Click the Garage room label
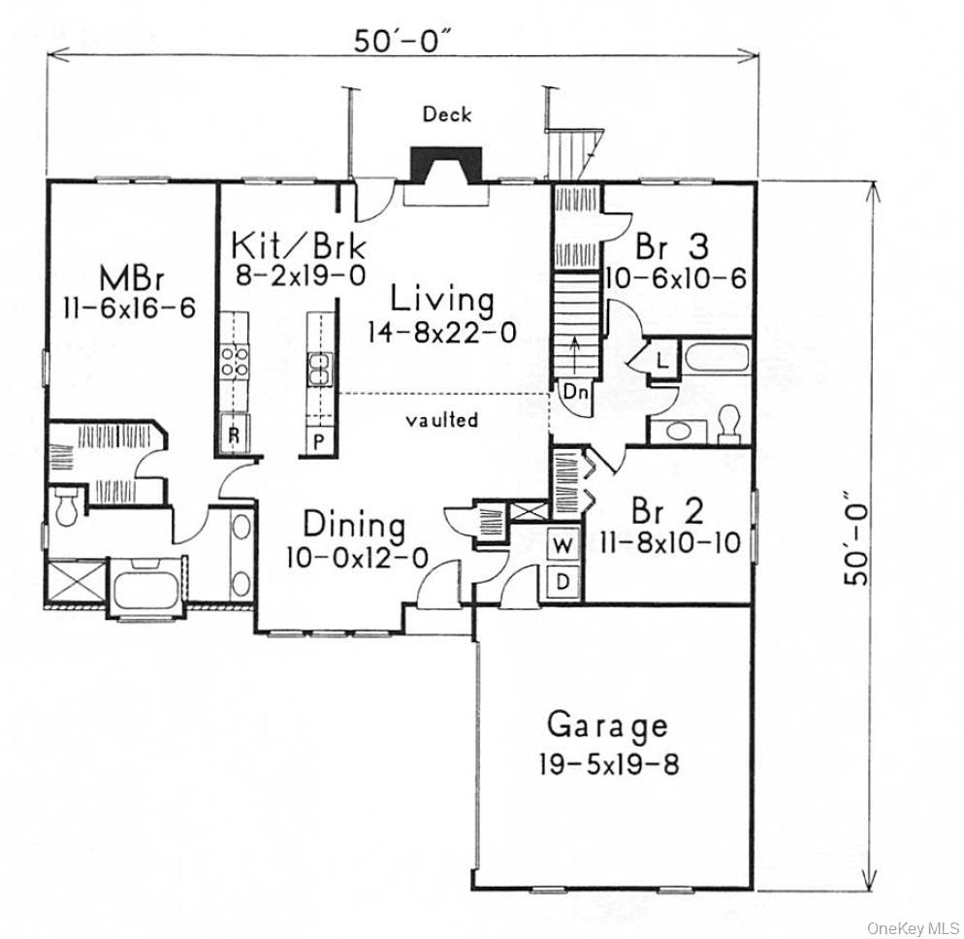point(607,725)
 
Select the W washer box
point(562,545)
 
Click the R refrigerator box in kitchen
point(234,435)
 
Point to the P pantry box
point(318,441)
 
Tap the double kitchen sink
point(318,370)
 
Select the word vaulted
point(442,420)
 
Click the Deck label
point(447,114)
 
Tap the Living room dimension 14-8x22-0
point(441,333)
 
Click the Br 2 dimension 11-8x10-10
point(673,542)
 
